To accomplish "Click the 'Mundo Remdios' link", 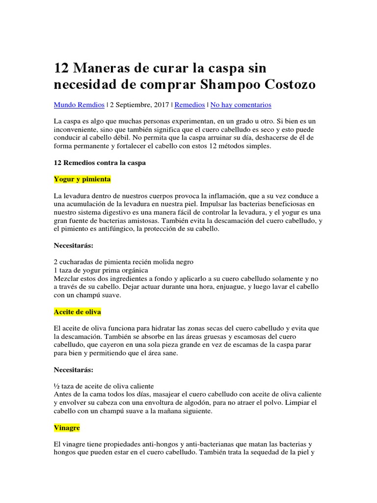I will (79, 105).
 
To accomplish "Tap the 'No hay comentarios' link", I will (241, 105).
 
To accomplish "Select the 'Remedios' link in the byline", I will (190, 105).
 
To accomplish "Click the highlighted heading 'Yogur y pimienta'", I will (82, 179).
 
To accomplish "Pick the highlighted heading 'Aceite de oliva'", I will (78, 312).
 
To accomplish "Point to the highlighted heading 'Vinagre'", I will (67, 428).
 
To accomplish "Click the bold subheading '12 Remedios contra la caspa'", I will (100, 163).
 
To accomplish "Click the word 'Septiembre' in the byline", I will (135, 105).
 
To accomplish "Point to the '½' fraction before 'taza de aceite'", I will (56, 386).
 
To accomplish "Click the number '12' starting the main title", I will (62, 67).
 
